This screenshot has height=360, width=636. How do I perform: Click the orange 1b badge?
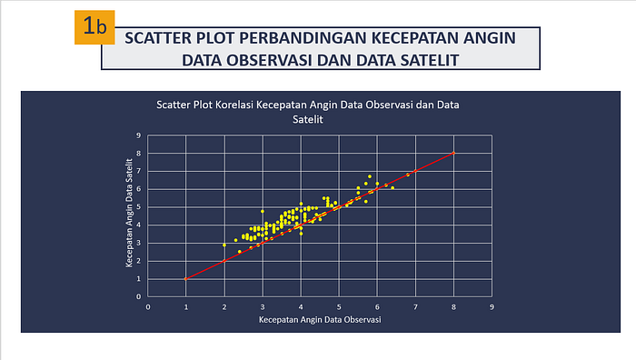(94, 27)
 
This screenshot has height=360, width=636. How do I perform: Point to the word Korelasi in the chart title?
(234, 105)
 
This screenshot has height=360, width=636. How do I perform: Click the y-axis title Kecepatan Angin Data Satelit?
(129, 213)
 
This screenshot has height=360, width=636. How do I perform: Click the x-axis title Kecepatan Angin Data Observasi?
(320, 320)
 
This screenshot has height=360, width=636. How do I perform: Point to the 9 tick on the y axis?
(139, 135)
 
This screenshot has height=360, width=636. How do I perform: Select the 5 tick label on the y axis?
(139, 207)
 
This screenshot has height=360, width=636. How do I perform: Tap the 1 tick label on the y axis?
(139, 279)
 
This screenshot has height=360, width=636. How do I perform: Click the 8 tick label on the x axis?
(453, 307)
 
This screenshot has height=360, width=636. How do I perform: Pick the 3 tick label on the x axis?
(263, 307)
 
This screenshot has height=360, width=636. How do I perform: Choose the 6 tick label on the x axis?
(377, 307)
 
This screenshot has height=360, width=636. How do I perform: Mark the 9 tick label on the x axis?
(492, 307)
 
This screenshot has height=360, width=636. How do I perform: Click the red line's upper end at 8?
(453, 153)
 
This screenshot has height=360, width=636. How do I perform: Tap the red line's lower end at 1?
(185, 279)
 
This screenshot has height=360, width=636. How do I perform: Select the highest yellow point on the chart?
(370, 176)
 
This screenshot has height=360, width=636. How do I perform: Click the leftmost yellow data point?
(224, 245)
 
